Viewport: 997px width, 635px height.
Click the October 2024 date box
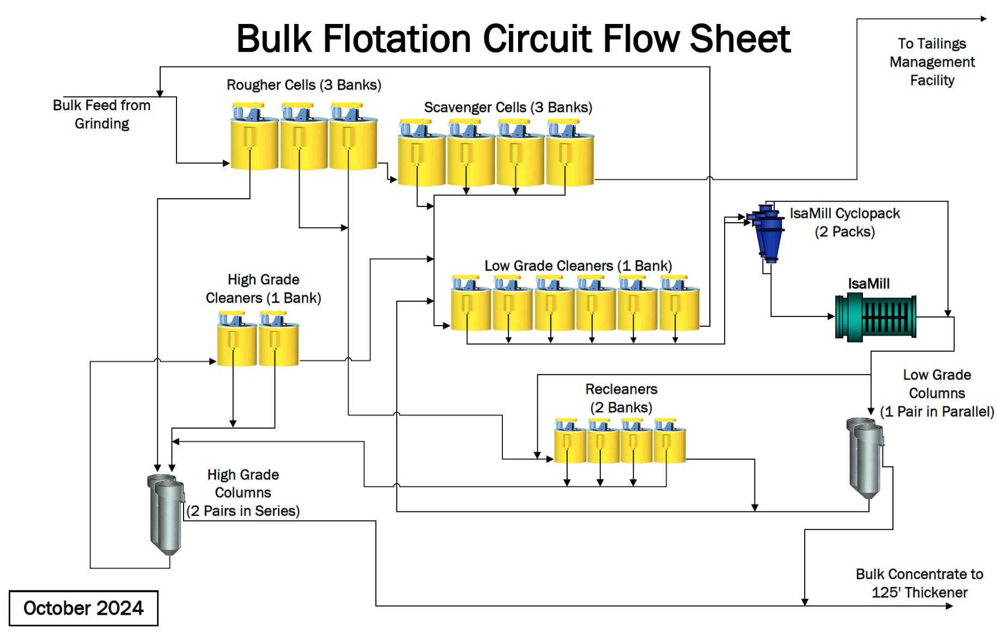click(x=83, y=608)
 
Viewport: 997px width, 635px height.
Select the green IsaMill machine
click(x=875, y=317)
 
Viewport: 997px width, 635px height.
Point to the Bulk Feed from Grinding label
click(x=102, y=114)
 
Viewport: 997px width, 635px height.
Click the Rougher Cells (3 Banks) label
click(x=303, y=85)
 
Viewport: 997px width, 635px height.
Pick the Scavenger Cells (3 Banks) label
click(x=508, y=107)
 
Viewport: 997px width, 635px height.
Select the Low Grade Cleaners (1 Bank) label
click(x=578, y=266)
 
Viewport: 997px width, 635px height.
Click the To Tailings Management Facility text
click(x=932, y=62)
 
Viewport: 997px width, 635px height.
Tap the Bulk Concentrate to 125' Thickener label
click(x=919, y=583)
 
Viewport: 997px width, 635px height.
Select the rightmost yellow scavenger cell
click(x=569, y=158)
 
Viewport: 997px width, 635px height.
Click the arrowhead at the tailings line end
click(x=983, y=19)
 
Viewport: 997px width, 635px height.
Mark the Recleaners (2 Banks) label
click(x=621, y=398)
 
